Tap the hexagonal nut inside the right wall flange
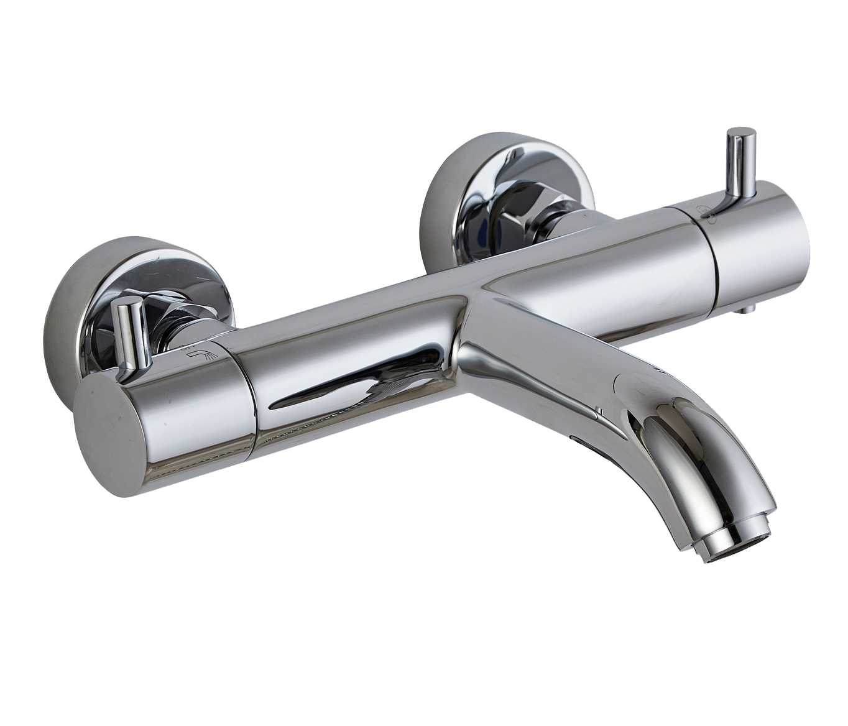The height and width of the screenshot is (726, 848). (x=519, y=211)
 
